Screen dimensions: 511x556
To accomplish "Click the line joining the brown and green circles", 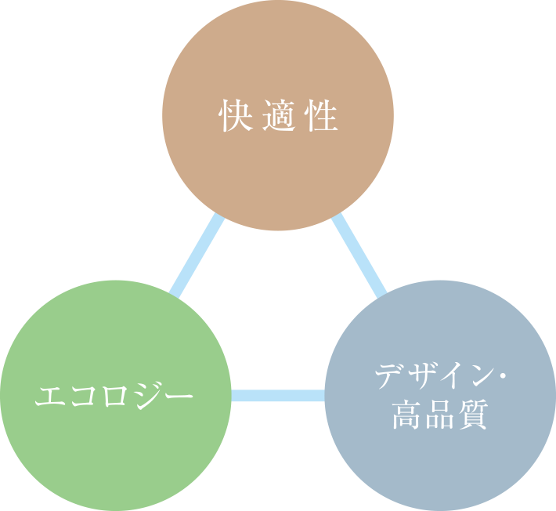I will coord(197,256).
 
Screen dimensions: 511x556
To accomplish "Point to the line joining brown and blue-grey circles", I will coord(359,256).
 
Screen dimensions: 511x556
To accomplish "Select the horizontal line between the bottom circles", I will coord(278,396).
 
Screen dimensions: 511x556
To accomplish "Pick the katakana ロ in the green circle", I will coord(115,396).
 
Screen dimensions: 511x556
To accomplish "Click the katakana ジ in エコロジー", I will coord(146,396).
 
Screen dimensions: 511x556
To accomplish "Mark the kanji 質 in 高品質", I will coord(472,415).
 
